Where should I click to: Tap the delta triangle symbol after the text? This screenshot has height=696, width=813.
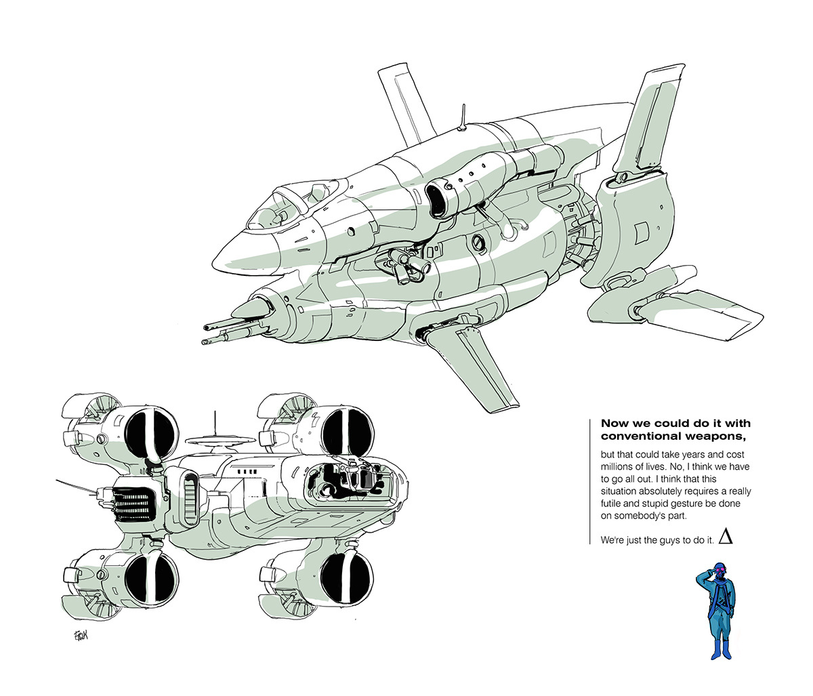pyautogui.click(x=726, y=537)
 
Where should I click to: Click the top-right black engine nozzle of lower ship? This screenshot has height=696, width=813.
pyautogui.click(x=346, y=432)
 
